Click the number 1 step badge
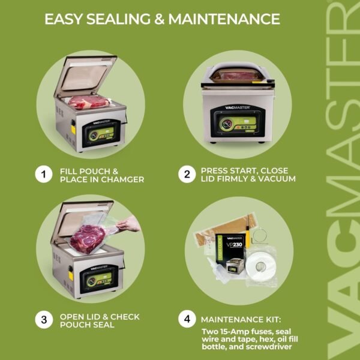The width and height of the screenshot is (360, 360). point(43,175)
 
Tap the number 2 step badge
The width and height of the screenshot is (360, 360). point(187,175)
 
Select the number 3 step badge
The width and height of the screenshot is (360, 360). point(43,320)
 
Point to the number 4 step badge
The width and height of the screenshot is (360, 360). point(187,320)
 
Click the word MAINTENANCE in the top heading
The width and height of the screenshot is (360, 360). point(224,19)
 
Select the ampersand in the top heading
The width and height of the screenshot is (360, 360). point(158,19)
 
